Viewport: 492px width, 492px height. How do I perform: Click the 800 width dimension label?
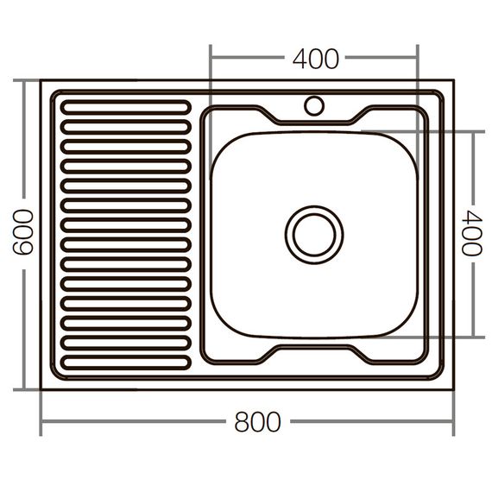pyautogui.click(x=257, y=423)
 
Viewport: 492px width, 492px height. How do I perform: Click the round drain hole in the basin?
pyautogui.click(x=314, y=234)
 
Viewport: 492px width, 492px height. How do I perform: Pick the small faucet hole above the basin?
pyautogui.click(x=314, y=106)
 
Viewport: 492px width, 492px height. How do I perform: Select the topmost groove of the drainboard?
pyautogui.click(x=126, y=107)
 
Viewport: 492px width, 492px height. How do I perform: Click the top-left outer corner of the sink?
pyautogui.click(x=41, y=81)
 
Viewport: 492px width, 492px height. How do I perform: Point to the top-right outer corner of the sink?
pyautogui.click(x=453, y=81)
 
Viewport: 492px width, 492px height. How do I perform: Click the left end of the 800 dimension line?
pyautogui.click(x=41, y=423)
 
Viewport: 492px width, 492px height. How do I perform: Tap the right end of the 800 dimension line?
pyautogui.click(x=453, y=423)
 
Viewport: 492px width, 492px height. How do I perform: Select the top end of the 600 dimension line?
pyautogui.click(x=23, y=81)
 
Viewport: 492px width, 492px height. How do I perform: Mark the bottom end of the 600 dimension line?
pyautogui.click(x=23, y=389)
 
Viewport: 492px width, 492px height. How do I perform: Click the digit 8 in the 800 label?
pyautogui.click(x=243, y=423)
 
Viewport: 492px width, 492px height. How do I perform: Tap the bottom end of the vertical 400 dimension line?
pyautogui.click(x=472, y=337)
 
